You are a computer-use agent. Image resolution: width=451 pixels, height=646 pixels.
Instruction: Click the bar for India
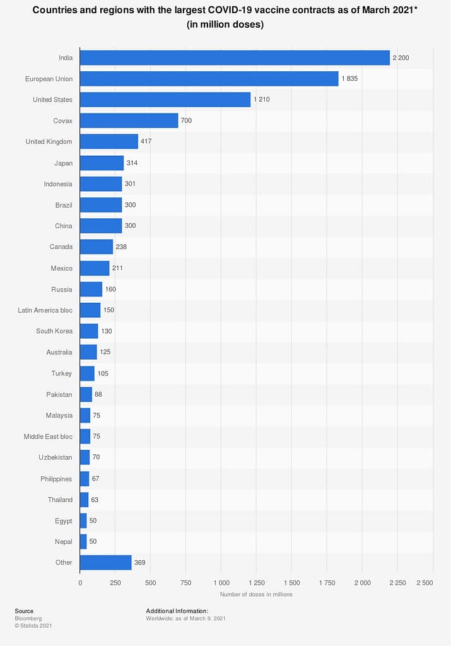[x=235, y=57]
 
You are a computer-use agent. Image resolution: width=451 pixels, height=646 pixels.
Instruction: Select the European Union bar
[x=209, y=79]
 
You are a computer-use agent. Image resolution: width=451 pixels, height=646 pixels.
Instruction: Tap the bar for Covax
[x=129, y=120]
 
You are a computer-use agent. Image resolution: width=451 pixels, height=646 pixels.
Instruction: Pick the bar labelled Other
[x=105, y=562]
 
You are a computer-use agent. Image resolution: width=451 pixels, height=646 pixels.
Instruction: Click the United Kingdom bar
[x=108, y=141]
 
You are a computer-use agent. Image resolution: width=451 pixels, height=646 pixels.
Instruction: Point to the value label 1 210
[x=262, y=100]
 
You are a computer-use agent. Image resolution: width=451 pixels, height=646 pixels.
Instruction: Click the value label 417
[x=147, y=141]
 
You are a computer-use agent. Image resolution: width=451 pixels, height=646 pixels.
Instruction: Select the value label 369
[x=141, y=562]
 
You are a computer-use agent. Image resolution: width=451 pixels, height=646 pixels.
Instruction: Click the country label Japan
[x=63, y=163]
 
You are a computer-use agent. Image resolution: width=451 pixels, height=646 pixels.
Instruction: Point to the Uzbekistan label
[x=56, y=457]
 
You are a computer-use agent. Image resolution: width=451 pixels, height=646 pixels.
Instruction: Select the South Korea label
[x=54, y=331]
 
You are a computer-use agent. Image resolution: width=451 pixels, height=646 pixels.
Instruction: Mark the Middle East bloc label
[x=48, y=436]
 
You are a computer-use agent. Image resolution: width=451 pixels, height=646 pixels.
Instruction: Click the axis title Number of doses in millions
[x=256, y=594]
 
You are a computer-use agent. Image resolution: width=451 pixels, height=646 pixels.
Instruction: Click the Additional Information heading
[x=177, y=611]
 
